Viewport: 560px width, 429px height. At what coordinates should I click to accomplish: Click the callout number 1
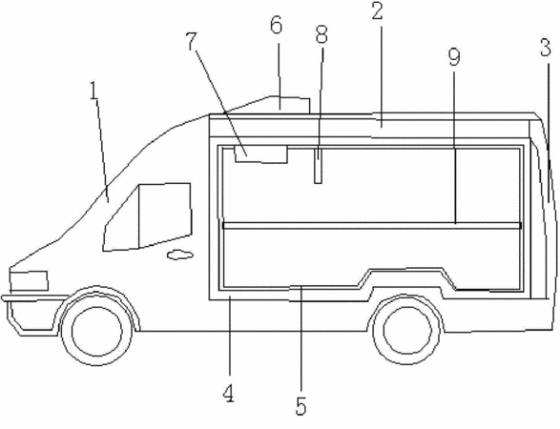pos(93,91)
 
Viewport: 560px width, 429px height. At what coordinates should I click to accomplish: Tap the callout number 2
pos(378,11)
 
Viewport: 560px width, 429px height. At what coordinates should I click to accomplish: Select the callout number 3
pos(546,48)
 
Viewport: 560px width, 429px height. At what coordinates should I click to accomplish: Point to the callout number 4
pos(229,394)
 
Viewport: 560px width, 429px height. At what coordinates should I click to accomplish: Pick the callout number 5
pos(301,406)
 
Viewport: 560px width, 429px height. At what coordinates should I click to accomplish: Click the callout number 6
pos(276,25)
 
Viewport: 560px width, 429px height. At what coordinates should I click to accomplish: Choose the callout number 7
pos(192,41)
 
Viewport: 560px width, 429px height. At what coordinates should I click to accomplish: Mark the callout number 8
pos(321,35)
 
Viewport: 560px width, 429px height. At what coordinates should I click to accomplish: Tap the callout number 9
pos(454,57)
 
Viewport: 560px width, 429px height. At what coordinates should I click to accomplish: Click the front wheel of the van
pos(97,331)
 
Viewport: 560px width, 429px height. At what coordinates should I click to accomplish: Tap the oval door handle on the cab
pos(180,255)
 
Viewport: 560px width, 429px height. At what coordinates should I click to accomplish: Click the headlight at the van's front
pos(29,281)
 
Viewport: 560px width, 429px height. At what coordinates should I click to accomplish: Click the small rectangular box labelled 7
pos(261,154)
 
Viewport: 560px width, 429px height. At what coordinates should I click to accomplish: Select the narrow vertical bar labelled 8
pos(318,165)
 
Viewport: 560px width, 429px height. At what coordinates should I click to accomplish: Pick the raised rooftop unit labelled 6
pos(289,105)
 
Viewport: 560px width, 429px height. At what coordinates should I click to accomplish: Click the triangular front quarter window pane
pos(121,217)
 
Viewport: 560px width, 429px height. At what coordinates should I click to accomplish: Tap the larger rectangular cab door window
pos(165,215)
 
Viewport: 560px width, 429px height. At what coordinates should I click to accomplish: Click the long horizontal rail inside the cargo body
pos(372,226)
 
